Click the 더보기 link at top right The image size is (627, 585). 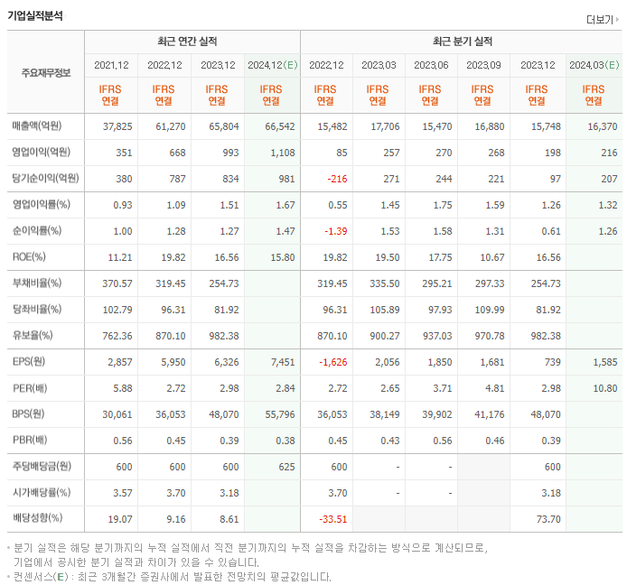[x=603, y=19]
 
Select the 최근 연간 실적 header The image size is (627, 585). [x=192, y=42]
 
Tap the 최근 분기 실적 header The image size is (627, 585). [x=462, y=42]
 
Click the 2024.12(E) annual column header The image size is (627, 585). [x=272, y=65]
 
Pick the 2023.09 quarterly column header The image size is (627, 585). [x=483, y=65]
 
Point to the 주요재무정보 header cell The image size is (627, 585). [x=45, y=73]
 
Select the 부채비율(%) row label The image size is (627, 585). [x=37, y=283]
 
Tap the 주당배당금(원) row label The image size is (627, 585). [x=42, y=468]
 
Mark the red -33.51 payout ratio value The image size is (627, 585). [x=331, y=520]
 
